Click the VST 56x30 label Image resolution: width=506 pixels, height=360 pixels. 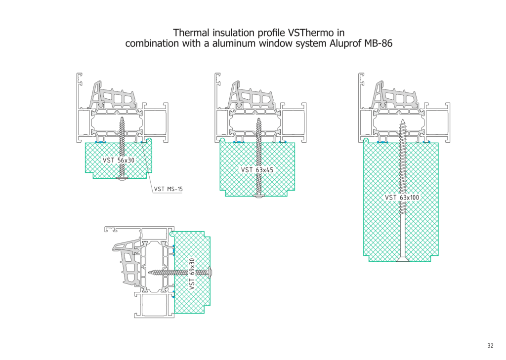[119, 160]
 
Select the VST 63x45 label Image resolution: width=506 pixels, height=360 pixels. [257, 170]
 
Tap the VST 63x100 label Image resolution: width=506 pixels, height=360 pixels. [402, 198]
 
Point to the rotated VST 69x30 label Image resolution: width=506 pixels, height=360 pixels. [192, 274]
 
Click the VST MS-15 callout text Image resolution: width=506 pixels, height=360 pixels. [168, 189]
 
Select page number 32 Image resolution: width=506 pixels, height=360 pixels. [490, 346]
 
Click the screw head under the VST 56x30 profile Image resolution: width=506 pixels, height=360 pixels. [122, 178]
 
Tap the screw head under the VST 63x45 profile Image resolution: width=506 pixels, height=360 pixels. [258, 196]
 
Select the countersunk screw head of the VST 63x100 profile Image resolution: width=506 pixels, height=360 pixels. [402, 259]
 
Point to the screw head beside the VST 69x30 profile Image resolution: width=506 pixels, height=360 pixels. [211, 273]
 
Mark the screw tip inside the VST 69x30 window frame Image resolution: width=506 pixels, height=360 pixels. [149, 273]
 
